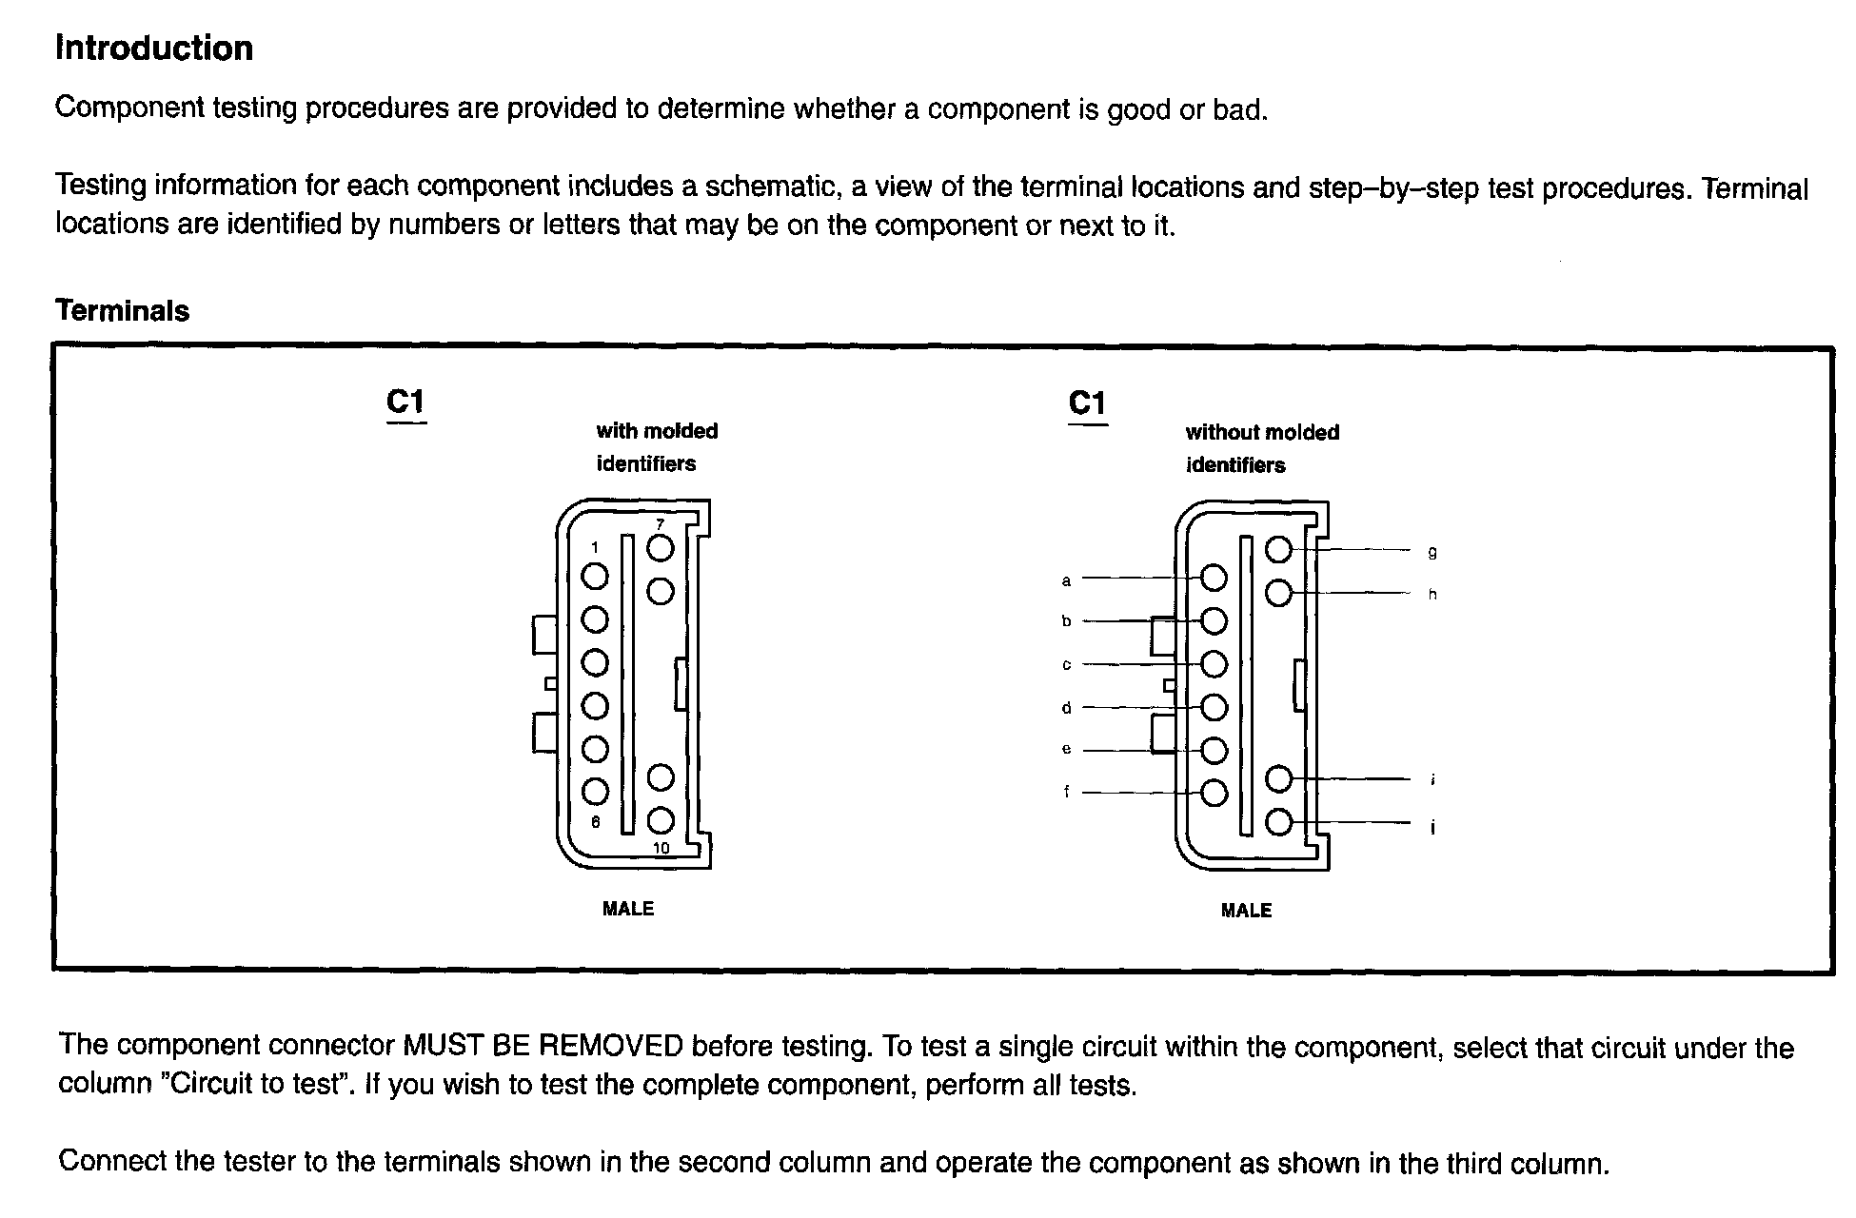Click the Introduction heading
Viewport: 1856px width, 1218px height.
pos(154,48)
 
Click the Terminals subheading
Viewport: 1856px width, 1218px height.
pos(122,310)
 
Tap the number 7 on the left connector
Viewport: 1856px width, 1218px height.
pos(660,524)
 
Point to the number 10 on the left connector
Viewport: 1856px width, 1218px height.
pos(661,848)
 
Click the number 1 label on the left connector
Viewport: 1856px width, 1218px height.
pos(595,547)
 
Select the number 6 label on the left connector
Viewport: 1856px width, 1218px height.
pos(596,822)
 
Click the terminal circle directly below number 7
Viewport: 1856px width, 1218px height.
pos(660,548)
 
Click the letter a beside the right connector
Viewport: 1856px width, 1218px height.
pos(1066,580)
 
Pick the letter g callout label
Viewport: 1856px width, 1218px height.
pos(1432,552)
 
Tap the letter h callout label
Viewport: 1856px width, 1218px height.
pos(1432,595)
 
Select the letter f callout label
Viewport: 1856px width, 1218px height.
pos(1066,792)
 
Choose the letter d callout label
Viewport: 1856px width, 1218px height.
pos(1066,708)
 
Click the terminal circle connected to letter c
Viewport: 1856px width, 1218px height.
pos(1214,664)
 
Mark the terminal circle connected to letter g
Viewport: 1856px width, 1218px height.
pos(1278,549)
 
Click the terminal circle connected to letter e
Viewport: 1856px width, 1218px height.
pos(1214,751)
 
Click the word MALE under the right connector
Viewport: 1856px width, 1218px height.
pos(1246,911)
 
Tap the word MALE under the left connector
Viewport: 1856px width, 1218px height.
pos(628,909)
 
